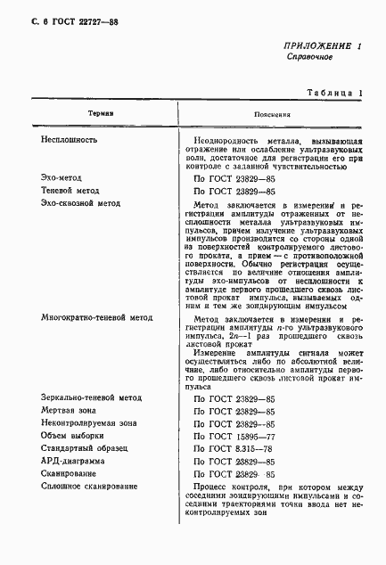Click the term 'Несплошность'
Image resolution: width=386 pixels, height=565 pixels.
pyautogui.click(x=70, y=140)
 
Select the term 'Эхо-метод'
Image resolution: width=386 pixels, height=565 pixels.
pyautogui.click(x=63, y=178)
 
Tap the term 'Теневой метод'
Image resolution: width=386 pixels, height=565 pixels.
pyautogui.click(x=70, y=191)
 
